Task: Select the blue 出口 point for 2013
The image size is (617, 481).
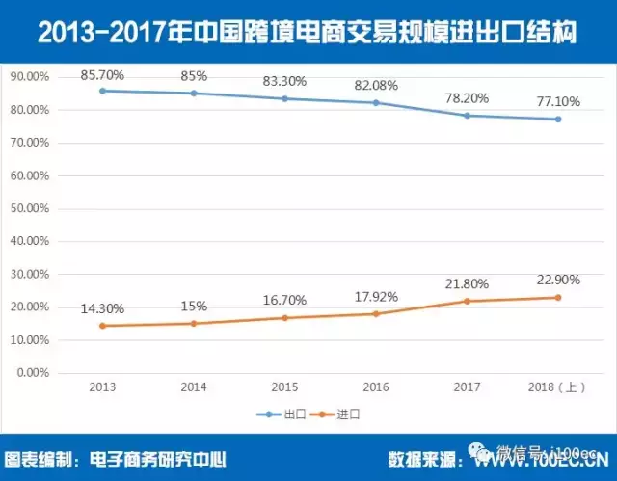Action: click(102, 91)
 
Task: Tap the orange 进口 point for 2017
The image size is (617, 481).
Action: click(468, 301)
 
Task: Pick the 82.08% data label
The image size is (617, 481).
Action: click(376, 85)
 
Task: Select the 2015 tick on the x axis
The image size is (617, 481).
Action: click(284, 387)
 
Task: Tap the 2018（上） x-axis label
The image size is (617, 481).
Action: click(557, 387)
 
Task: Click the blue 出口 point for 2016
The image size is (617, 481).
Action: click(376, 102)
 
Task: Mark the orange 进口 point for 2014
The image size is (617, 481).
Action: click(193, 323)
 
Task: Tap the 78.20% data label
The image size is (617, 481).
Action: click(468, 97)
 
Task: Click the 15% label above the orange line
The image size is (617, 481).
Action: click(193, 306)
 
